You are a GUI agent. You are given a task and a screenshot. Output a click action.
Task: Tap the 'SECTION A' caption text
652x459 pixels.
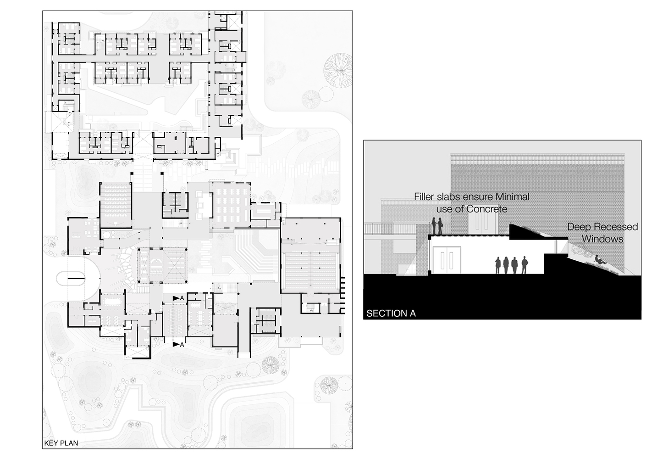[391, 313]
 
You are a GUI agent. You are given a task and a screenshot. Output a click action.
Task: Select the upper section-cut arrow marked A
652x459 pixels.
[178, 298]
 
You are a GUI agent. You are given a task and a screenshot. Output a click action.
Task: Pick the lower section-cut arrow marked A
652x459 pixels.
[178, 344]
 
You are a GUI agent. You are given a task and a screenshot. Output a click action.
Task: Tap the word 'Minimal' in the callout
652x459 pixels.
[513, 197]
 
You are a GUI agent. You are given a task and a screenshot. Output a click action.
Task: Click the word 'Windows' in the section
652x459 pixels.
[602, 239]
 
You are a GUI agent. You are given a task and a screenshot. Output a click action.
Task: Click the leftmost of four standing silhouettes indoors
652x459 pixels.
[498, 265]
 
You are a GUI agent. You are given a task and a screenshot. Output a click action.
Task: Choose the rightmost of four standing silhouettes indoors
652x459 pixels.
[525, 265]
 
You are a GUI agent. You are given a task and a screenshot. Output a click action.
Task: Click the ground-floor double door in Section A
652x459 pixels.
[447, 260]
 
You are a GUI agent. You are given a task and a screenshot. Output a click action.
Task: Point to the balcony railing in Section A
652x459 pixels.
[398, 228]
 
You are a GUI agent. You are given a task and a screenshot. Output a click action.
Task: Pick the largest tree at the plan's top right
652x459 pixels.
[338, 71]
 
